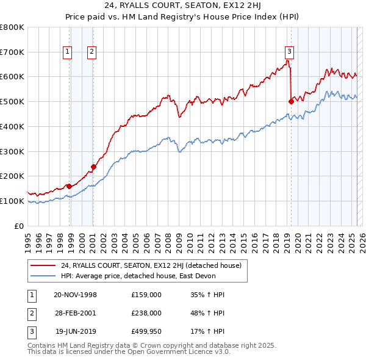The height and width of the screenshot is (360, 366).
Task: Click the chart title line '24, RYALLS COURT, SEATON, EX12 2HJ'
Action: (x=182, y=7)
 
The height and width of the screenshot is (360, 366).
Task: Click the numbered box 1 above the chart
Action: (x=67, y=52)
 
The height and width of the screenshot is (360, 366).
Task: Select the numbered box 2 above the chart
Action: (x=91, y=52)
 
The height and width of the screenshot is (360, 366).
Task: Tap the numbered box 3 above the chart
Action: (x=289, y=52)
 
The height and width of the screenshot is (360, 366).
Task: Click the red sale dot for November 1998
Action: (x=70, y=186)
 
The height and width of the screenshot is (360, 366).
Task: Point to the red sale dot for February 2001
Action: (x=94, y=167)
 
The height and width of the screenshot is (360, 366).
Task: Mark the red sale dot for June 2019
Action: (x=291, y=101)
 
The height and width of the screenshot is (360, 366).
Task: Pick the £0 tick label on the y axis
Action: (x=20, y=226)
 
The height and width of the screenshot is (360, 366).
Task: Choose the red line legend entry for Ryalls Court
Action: (x=151, y=265)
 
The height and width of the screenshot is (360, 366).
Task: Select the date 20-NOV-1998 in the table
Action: (x=75, y=295)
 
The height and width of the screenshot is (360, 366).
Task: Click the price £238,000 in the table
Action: (x=146, y=313)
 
